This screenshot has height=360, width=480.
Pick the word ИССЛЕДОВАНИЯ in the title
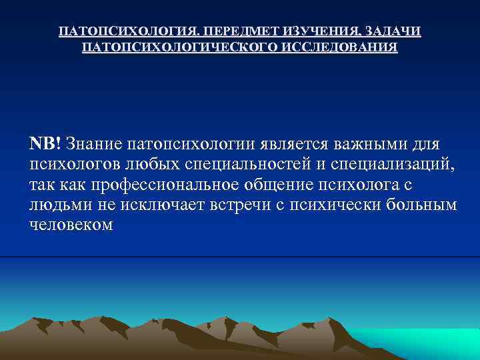(x=340, y=48)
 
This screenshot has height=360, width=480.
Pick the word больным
(x=423, y=205)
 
